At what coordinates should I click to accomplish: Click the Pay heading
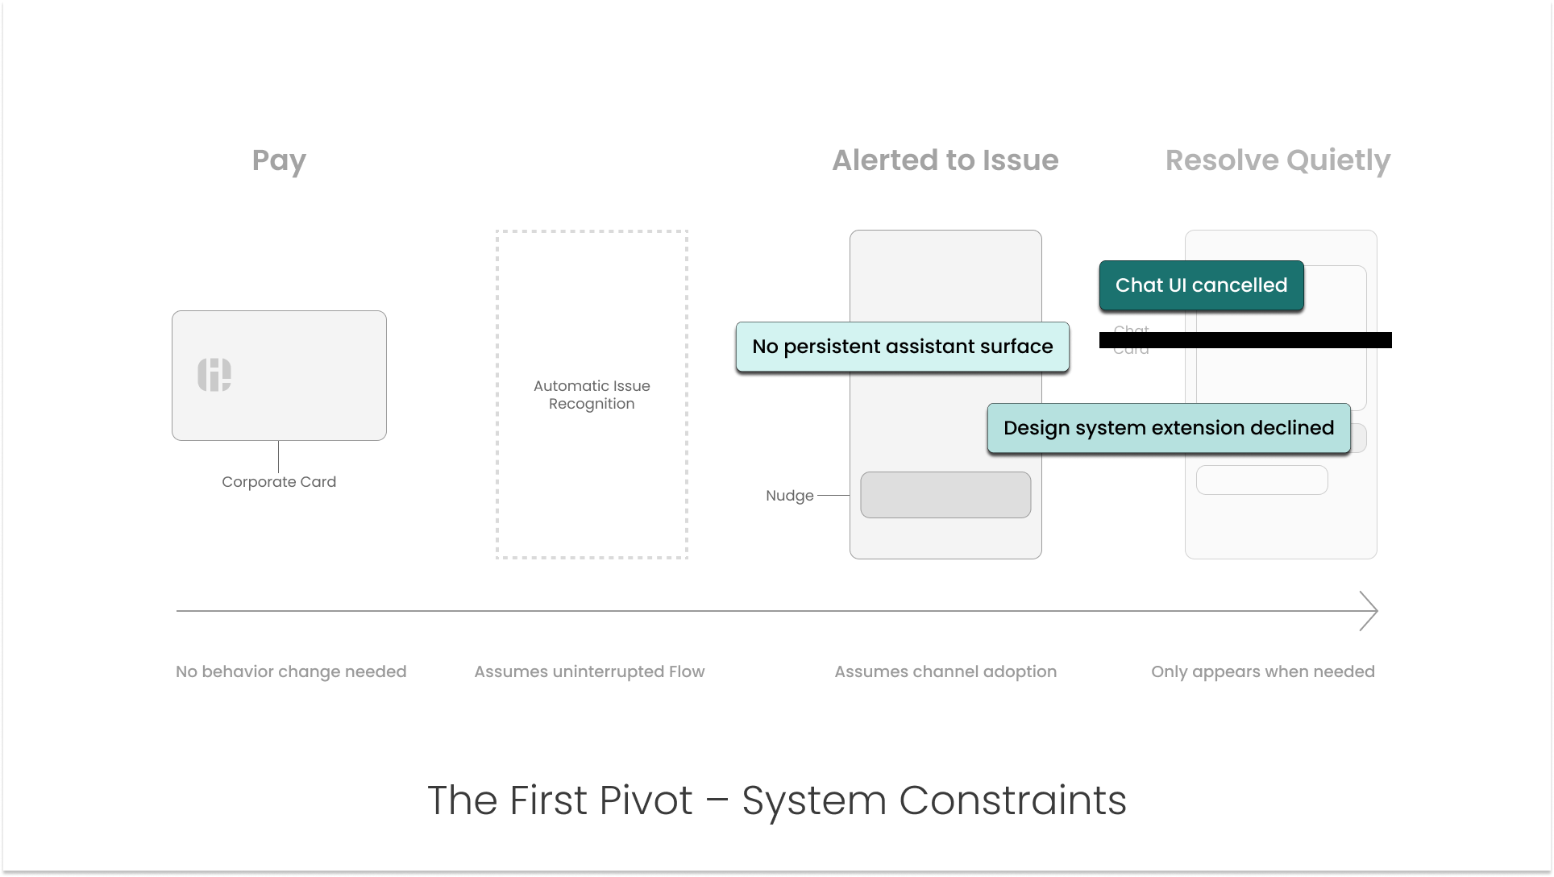click(279, 160)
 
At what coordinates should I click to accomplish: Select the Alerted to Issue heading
click(945, 160)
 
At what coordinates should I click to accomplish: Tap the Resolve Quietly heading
click(1278, 160)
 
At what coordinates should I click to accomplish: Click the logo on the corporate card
click(214, 375)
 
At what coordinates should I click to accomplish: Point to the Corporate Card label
click(279, 482)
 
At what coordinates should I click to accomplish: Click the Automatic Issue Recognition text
click(592, 395)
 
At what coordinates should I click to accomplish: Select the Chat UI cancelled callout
click(1201, 285)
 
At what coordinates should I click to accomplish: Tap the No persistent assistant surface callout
click(902, 347)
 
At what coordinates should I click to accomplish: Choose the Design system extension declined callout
click(1168, 428)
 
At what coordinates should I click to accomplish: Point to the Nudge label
click(789, 496)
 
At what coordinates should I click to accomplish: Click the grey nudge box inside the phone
click(945, 495)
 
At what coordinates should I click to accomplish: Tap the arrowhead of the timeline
click(1370, 611)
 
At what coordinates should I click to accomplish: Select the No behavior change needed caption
click(291, 671)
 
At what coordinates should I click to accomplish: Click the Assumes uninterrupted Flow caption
click(589, 671)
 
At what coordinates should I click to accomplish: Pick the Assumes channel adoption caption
click(945, 671)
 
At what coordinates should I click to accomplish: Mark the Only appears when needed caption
click(1262, 671)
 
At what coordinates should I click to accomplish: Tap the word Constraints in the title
click(1012, 800)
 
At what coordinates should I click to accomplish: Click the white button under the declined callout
click(1261, 480)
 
